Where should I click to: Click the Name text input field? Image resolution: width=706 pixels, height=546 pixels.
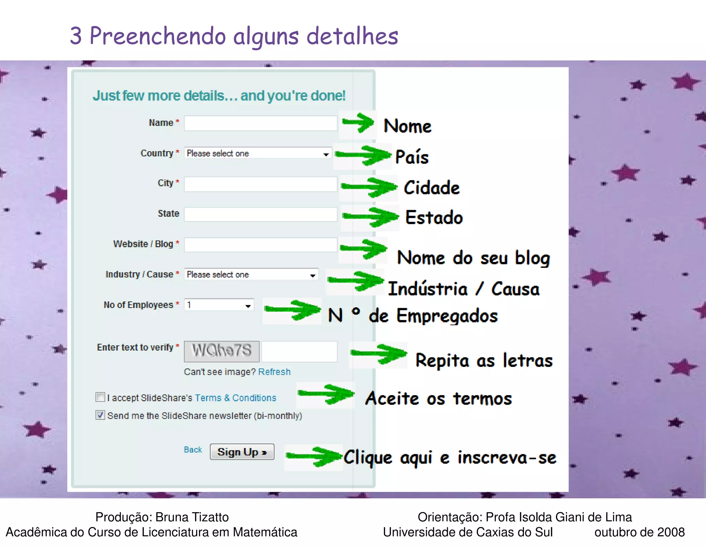point(260,123)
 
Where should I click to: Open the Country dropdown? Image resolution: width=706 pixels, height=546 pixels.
point(258,153)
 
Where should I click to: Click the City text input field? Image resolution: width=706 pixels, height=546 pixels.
point(260,184)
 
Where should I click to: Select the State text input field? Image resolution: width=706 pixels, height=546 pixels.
point(260,214)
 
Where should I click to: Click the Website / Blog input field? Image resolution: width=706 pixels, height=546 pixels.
point(260,245)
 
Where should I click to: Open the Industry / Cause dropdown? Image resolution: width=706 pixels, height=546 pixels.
point(251,275)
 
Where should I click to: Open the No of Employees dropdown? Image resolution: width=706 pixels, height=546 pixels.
point(219,305)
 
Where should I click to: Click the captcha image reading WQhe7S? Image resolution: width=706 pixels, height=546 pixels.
point(222,351)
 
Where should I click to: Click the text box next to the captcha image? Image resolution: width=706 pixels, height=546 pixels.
point(299,351)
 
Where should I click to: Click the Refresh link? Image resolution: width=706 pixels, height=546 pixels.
point(274,372)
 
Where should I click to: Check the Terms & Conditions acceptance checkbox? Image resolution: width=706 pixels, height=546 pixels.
point(100,397)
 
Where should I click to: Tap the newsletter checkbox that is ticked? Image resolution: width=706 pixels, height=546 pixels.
point(100,415)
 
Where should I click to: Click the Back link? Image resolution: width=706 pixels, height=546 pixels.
point(193,450)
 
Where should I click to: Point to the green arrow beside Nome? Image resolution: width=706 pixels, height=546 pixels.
point(359,123)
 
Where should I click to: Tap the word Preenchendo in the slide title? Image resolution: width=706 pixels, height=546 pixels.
point(158,36)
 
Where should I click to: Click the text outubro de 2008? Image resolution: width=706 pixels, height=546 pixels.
point(639,532)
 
